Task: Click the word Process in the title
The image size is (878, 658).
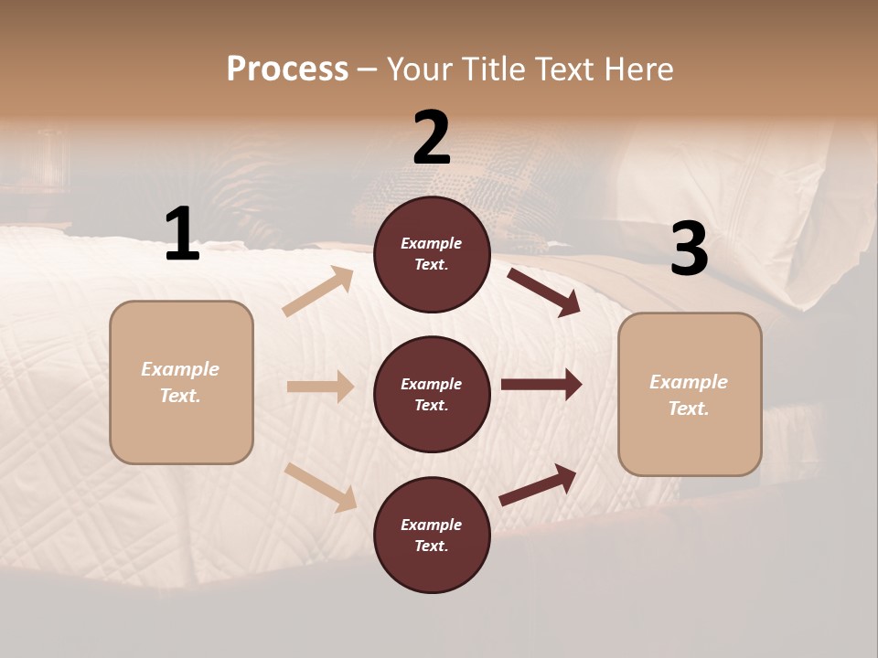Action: pos(287,69)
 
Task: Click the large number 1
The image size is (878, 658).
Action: pos(182,235)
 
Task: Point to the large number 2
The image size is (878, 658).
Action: pos(432,138)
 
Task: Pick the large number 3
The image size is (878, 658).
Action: pos(689,249)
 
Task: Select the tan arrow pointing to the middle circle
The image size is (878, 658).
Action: pos(320,387)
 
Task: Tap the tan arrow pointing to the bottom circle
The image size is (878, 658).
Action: pos(320,486)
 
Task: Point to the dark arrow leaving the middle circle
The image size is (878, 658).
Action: pos(541,385)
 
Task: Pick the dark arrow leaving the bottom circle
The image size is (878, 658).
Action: pos(538,485)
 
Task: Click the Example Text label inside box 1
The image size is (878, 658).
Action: pos(180,382)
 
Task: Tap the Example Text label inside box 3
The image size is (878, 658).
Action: pos(689,395)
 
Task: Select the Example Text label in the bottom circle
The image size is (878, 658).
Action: pos(431,535)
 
